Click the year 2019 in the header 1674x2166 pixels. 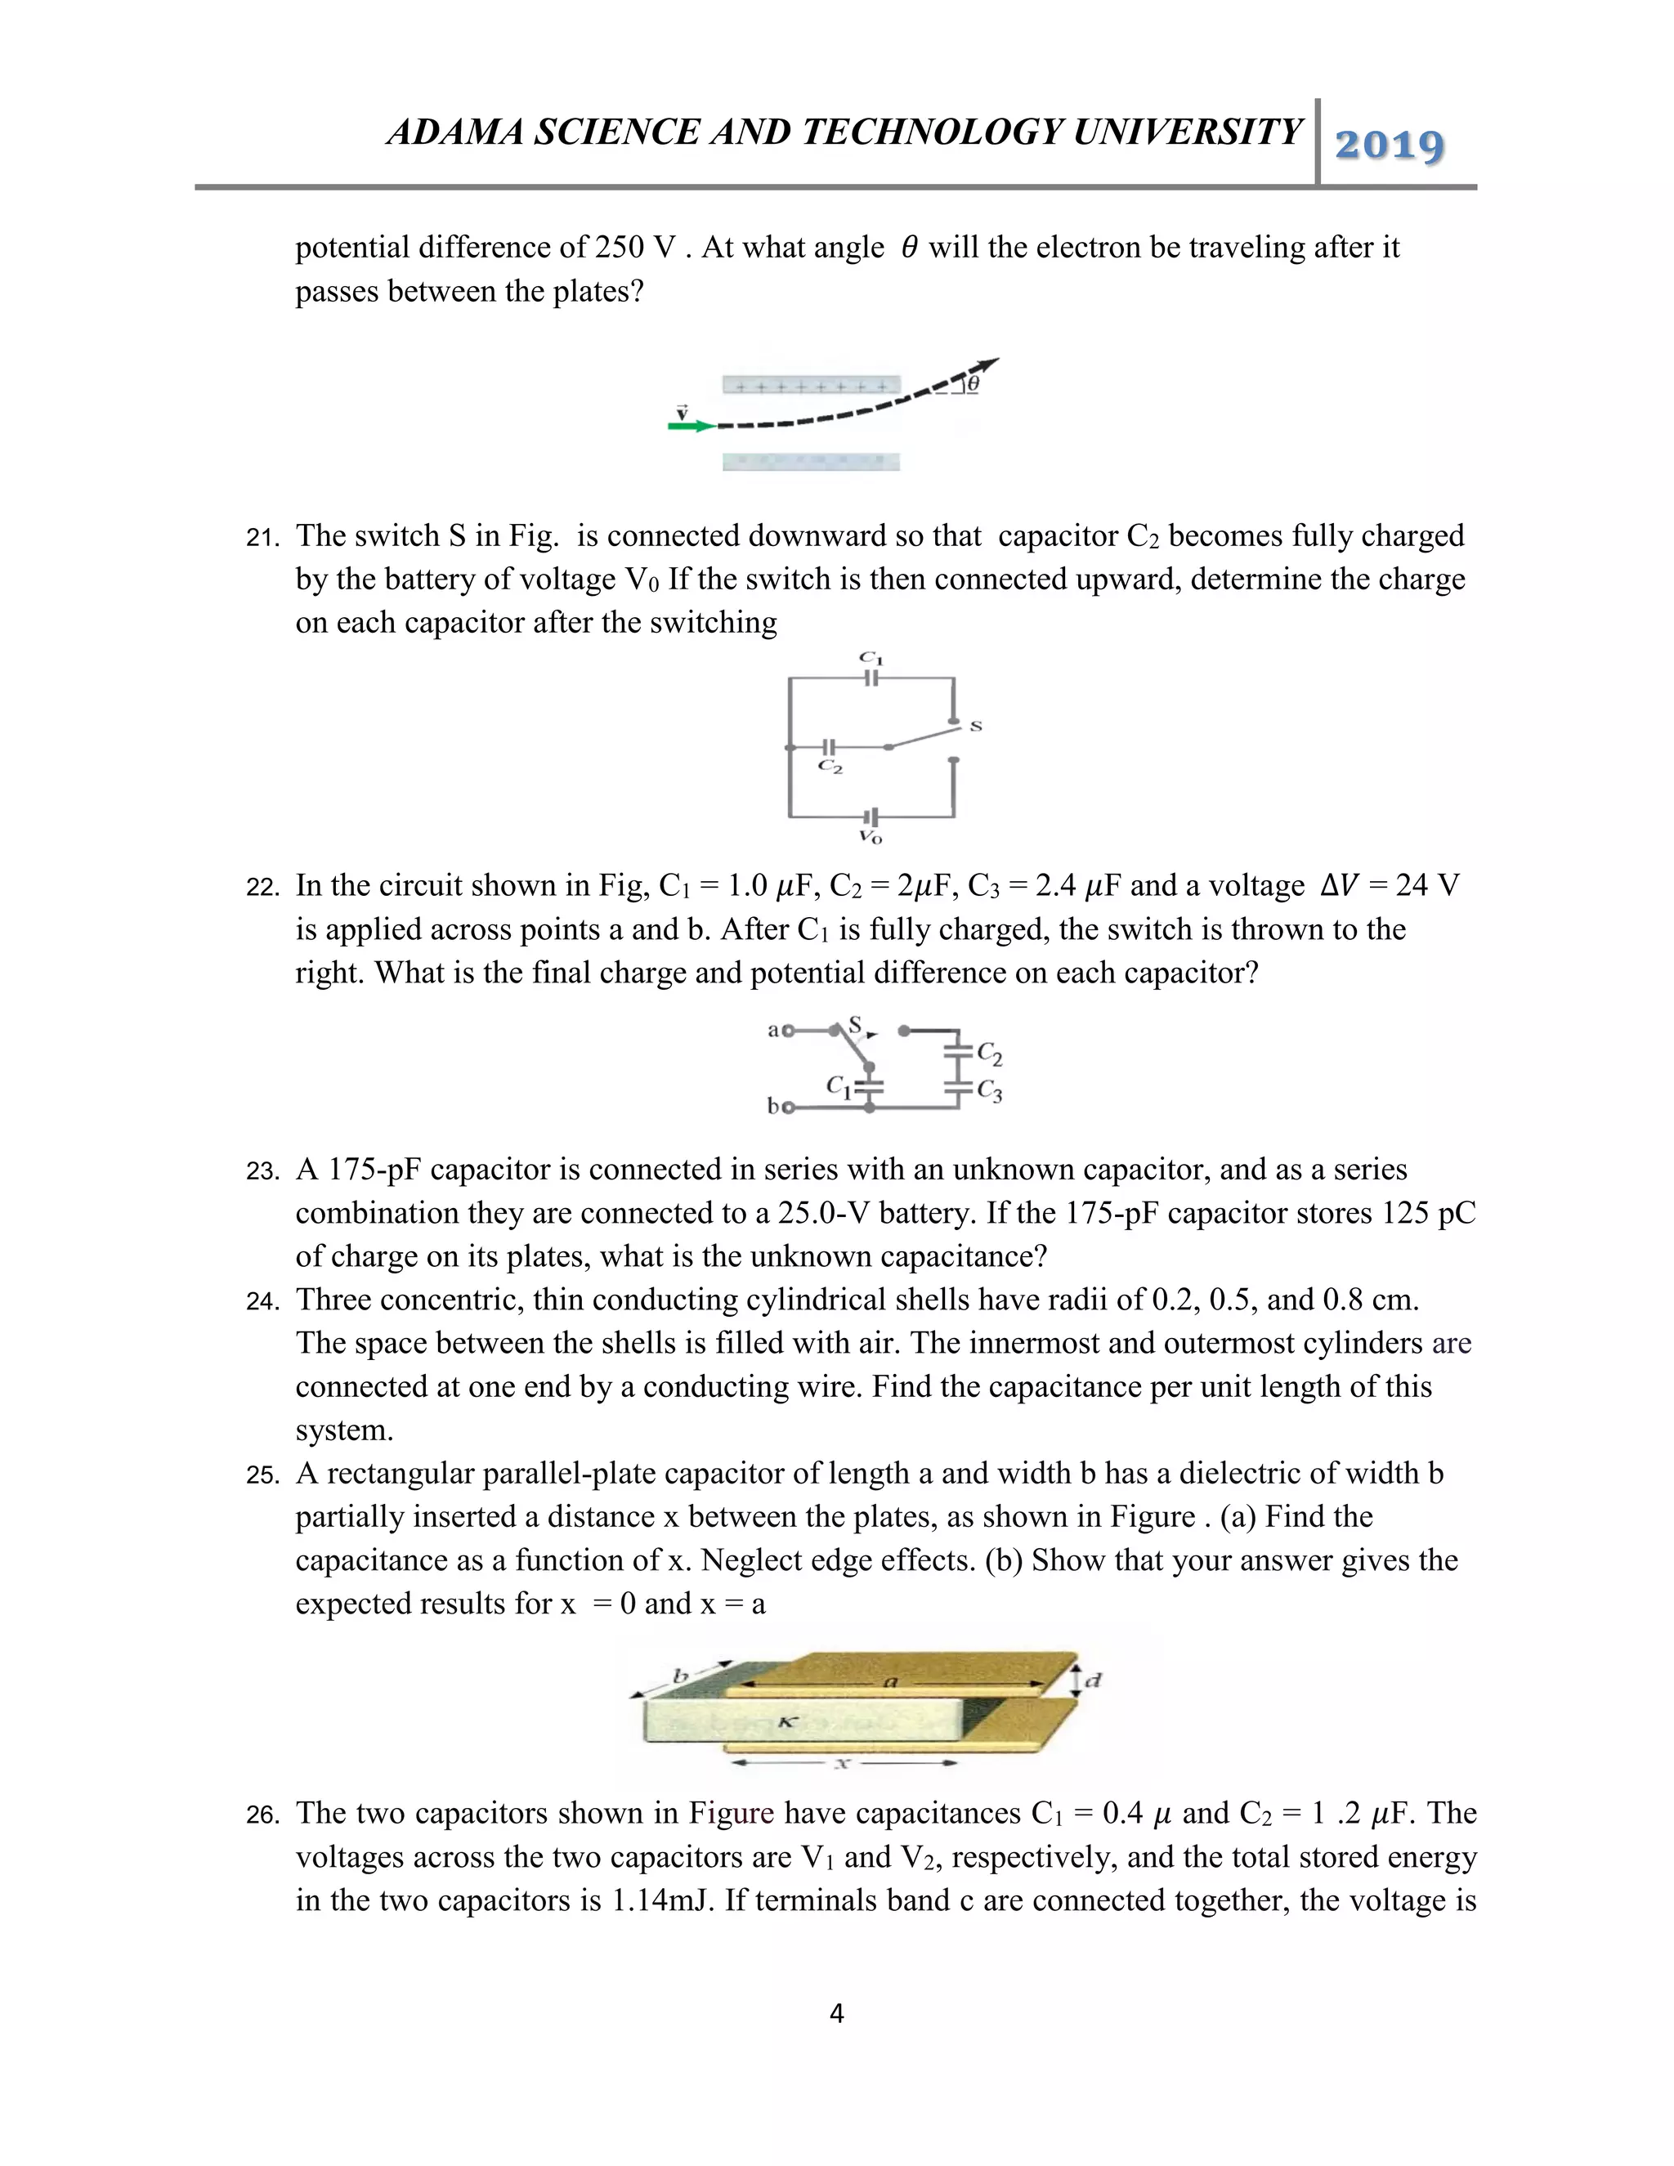[1390, 145]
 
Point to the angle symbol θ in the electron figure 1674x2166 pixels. [973, 383]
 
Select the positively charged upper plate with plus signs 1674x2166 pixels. [811, 385]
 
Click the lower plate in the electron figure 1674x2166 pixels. [811, 461]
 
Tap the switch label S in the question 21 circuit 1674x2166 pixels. [976, 726]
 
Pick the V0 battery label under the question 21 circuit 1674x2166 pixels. [871, 837]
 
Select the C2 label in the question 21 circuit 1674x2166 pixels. [831, 767]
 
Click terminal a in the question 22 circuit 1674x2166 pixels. [773, 1029]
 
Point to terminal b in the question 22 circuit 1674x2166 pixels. [773, 1105]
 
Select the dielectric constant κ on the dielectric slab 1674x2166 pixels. [786, 1723]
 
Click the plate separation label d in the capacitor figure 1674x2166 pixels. [1093, 1680]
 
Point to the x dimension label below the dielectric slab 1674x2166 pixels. [844, 1763]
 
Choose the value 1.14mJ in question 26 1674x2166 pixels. [662, 1900]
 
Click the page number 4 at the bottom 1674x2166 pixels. [836, 2013]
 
